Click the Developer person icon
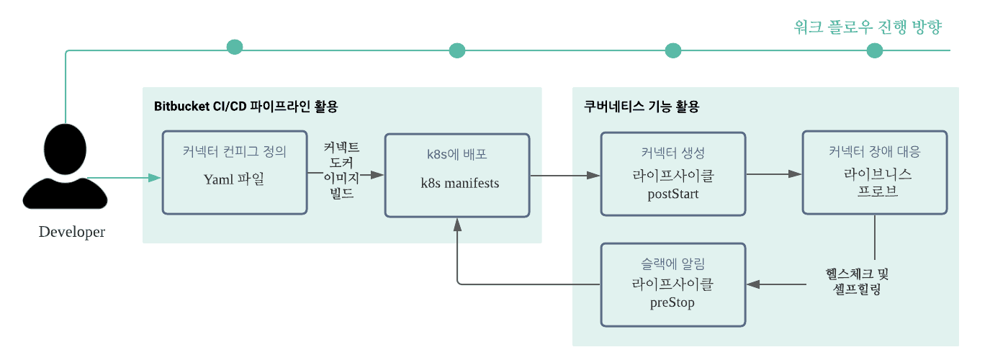click(65, 170)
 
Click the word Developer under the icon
click(71, 232)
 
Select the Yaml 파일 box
click(235, 173)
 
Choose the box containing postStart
click(673, 174)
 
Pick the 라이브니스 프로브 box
click(874, 172)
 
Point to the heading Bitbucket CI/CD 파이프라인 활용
click(246, 107)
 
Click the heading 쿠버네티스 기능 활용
click(642, 107)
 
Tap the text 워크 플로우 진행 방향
click(868, 27)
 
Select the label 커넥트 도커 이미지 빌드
click(342, 171)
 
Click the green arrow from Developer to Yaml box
click(122, 177)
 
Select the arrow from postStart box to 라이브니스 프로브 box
click(774, 174)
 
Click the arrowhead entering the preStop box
click(754, 284)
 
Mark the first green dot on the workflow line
click(235, 47)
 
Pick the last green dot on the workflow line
click(875, 50)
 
